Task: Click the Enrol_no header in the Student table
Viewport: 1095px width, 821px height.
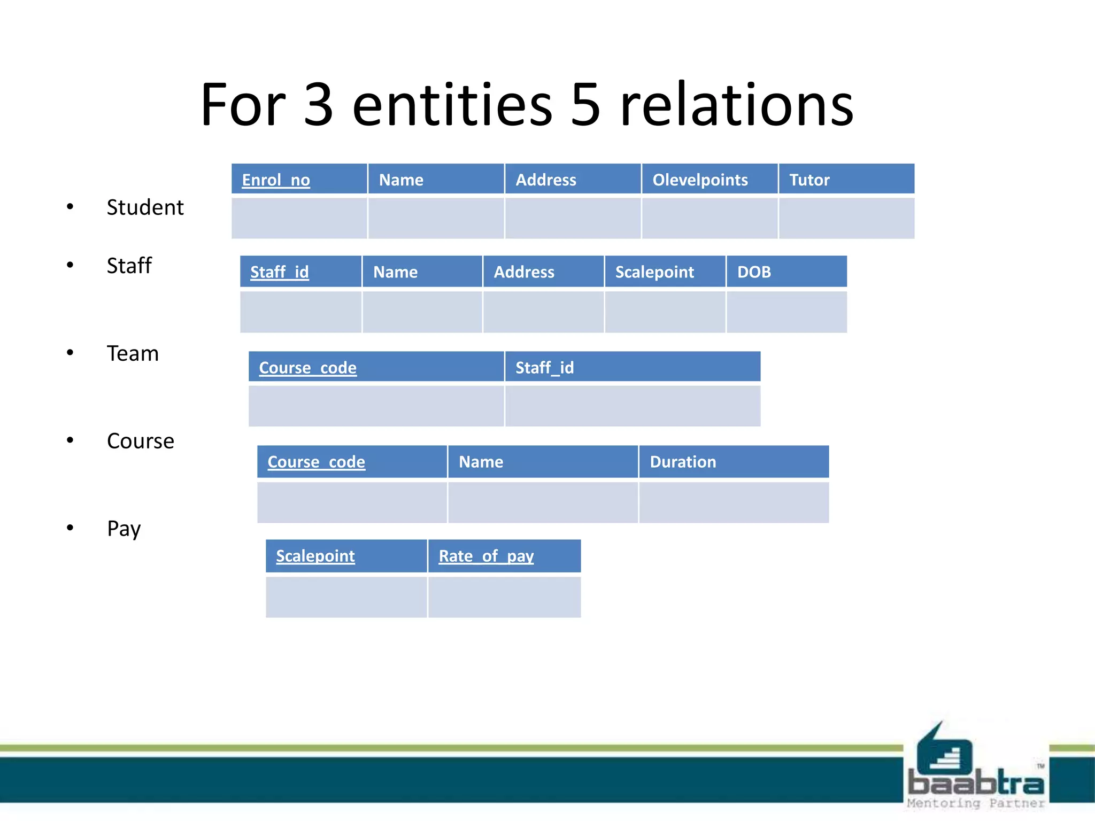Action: click(276, 180)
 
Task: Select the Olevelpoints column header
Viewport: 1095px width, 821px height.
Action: click(700, 180)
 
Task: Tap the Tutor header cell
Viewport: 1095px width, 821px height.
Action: click(809, 180)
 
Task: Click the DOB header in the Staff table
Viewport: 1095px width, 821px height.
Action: click(754, 272)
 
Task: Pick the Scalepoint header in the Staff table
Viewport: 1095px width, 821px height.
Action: click(654, 272)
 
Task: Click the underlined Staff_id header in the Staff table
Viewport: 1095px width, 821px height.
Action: click(280, 272)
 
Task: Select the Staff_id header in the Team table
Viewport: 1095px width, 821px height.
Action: click(544, 368)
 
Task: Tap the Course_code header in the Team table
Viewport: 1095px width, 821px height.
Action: click(308, 368)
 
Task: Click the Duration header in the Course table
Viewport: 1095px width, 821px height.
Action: click(683, 462)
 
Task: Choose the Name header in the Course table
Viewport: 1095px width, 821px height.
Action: click(481, 462)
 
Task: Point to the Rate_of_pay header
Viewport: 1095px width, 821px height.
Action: click(486, 556)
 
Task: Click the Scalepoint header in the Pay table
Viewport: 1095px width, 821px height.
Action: click(315, 556)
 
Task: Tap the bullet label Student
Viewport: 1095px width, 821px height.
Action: click(145, 207)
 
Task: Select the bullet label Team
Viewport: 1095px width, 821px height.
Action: click(133, 354)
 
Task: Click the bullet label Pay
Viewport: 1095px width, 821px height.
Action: click(124, 529)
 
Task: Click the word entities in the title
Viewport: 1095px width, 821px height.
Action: click(452, 105)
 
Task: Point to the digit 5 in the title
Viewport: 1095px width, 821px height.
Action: click(585, 105)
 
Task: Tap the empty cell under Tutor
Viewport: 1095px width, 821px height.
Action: click(846, 218)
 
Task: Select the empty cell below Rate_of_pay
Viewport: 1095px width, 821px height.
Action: click(504, 597)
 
